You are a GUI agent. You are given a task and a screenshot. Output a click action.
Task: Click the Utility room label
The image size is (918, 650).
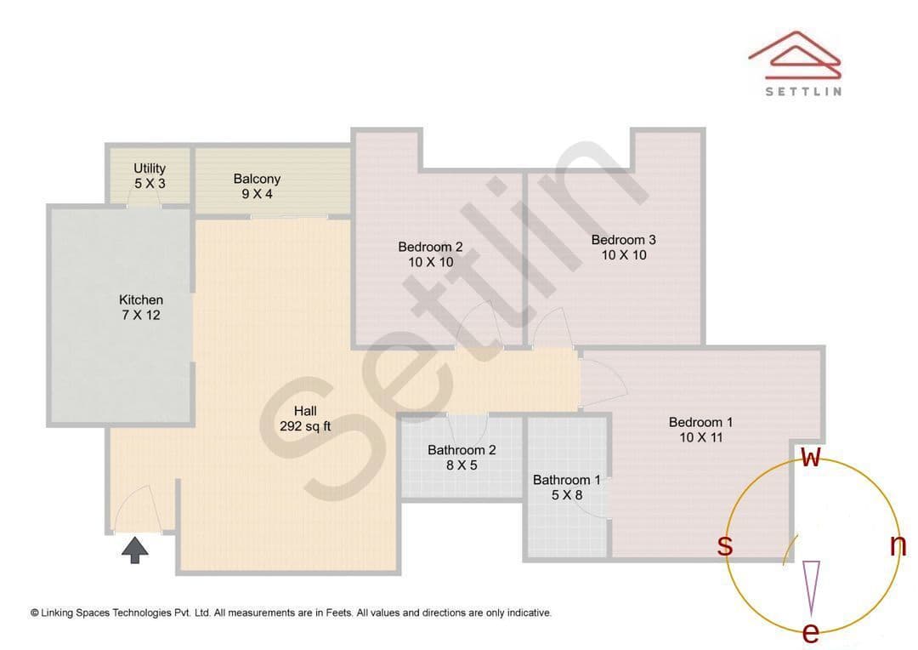point(150,176)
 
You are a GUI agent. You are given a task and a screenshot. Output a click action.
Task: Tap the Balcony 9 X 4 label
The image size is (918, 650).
point(257,186)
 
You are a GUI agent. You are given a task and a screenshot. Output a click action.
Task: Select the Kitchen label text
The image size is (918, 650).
point(141,307)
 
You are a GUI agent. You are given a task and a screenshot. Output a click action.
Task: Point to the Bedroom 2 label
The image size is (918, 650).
point(430,254)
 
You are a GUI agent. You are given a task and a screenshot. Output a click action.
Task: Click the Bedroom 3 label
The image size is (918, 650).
point(624,248)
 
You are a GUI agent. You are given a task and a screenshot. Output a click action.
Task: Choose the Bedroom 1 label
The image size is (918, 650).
point(700,430)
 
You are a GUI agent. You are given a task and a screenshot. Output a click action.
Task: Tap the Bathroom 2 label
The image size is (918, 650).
point(462,458)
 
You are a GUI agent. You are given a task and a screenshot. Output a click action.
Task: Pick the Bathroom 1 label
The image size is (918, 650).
point(567,487)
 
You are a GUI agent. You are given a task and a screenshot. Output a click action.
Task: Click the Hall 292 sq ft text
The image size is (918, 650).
point(305,419)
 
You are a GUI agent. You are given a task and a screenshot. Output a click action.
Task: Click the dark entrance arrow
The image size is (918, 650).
point(135,550)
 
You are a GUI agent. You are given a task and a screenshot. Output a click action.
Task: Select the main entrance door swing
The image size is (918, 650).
point(137,509)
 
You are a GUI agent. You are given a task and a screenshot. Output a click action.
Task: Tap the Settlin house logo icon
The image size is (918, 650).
point(795,55)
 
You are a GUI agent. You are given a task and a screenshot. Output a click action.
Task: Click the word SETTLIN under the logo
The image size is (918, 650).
point(804,91)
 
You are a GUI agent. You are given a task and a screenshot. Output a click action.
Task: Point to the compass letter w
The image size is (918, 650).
point(811,457)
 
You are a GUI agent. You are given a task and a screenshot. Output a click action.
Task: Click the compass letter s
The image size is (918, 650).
point(725,545)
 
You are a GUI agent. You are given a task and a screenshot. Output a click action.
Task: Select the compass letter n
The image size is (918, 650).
point(898,545)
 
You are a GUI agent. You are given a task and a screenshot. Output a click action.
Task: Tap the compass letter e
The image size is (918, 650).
point(810,632)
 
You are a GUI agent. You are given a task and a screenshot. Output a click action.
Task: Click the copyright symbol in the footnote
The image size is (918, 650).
point(35,613)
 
